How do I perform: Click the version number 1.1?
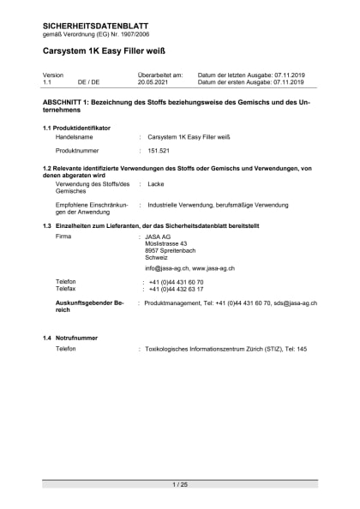point(47,82)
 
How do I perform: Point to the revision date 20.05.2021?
point(154,82)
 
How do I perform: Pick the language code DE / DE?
point(88,82)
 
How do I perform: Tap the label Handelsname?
point(75,136)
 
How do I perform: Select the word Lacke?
point(156,184)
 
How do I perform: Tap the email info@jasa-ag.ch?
point(166,268)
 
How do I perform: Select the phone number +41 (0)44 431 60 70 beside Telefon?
point(176,282)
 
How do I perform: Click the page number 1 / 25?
point(180,485)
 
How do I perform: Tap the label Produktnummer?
point(80,151)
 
